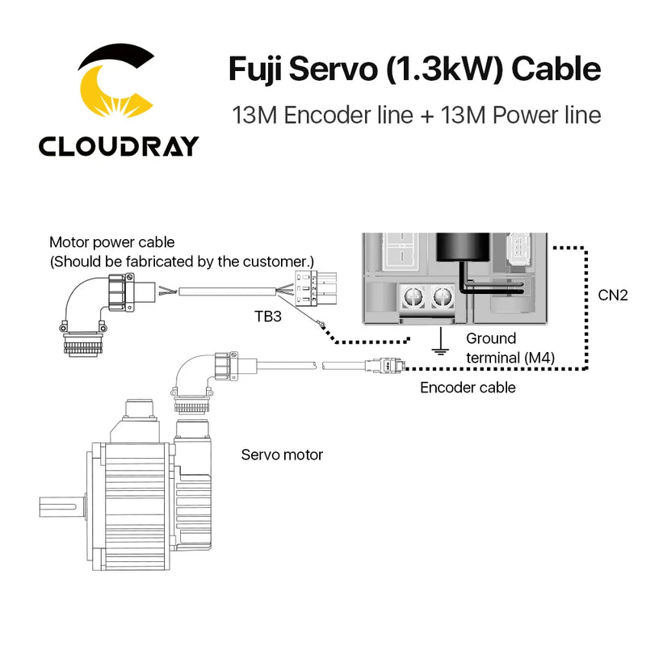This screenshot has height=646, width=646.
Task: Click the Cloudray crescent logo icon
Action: (117, 86)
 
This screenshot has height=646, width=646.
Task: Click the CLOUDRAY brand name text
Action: (119, 145)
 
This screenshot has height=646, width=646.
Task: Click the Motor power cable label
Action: (111, 241)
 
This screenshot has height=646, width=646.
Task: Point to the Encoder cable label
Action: (468, 388)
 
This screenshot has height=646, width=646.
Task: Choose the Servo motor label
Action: (282, 455)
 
